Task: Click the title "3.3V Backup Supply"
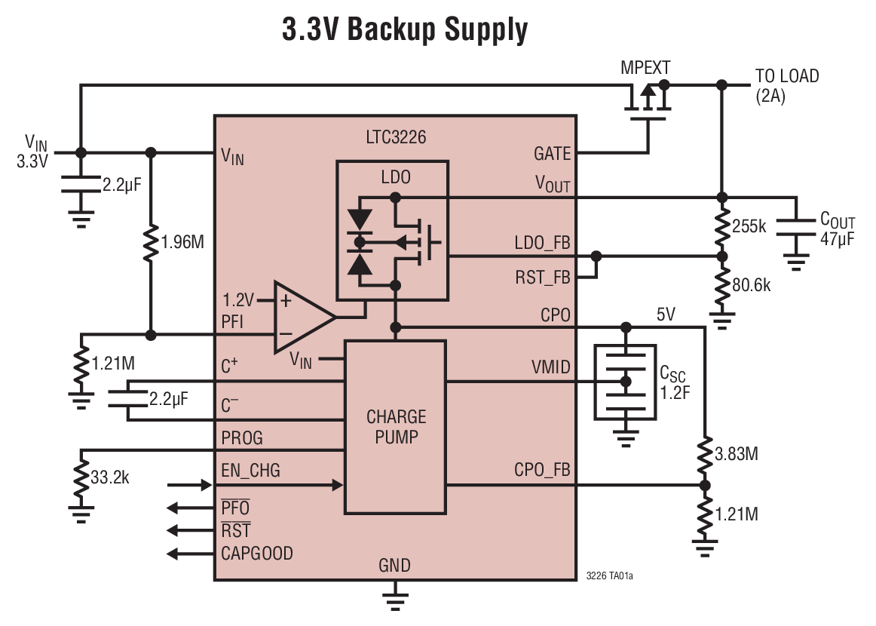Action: (x=405, y=30)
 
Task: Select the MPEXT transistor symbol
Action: (x=645, y=103)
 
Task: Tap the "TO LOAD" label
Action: (x=787, y=76)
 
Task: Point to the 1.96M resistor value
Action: (x=183, y=242)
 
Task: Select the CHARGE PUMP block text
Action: (x=396, y=426)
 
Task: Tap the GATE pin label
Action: (x=552, y=154)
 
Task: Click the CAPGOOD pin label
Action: (x=256, y=554)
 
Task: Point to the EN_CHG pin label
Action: (x=250, y=471)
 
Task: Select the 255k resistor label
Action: (x=749, y=226)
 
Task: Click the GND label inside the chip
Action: (x=396, y=566)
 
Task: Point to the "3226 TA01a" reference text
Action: (x=609, y=575)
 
